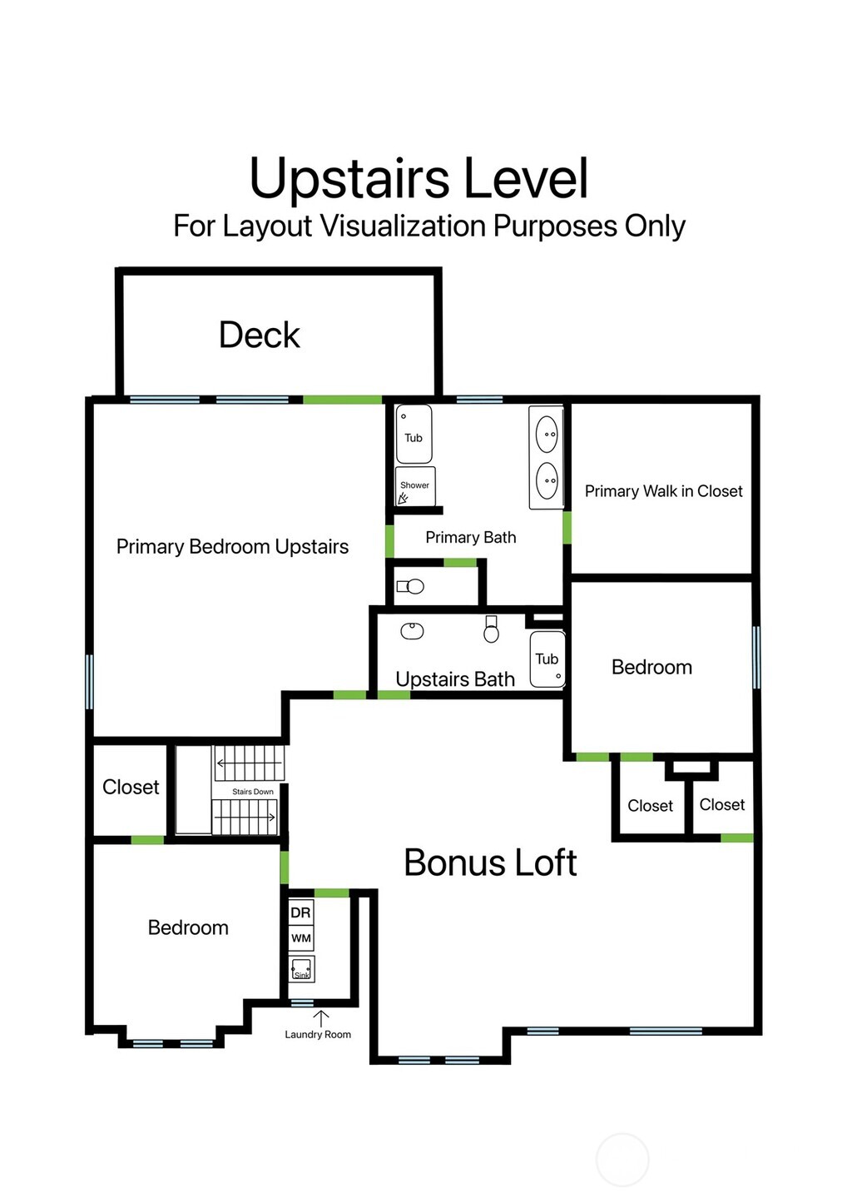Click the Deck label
[x=260, y=336]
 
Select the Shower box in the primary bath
[x=415, y=486]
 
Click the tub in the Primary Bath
[x=414, y=434]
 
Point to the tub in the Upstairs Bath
[x=547, y=659]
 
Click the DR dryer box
[x=301, y=912]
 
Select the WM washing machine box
[x=301, y=938]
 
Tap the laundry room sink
[x=301, y=969]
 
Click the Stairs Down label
[x=253, y=792]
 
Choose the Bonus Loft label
[x=490, y=862]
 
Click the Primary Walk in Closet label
[x=663, y=491]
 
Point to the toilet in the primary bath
[x=410, y=586]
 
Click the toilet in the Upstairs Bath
[x=491, y=629]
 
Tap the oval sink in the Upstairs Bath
[x=412, y=631]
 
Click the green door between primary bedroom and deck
[x=343, y=400]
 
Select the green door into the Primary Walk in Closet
[x=567, y=528]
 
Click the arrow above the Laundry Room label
[x=320, y=1019]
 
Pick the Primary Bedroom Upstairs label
[x=232, y=547]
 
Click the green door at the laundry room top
[x=331, y=892]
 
